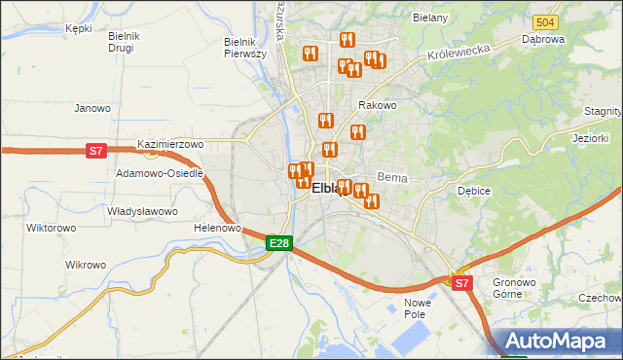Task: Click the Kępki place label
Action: tap(78, 28)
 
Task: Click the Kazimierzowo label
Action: tap(170, 144)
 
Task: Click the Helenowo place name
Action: tap(217, 228)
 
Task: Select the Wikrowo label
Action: tap(85, 265)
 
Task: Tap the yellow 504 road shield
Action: tap(545, 21)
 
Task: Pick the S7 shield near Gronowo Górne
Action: tap(461, 283)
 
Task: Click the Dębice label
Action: tap(473, 191)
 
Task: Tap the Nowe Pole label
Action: tap(418, 308)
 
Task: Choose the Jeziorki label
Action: tap(590, 138)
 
